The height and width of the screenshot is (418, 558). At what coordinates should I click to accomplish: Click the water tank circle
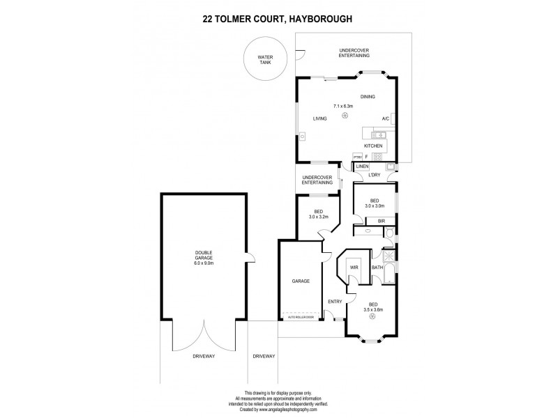click(264, 59)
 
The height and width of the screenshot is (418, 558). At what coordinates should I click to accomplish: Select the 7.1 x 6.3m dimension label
click(343, 107)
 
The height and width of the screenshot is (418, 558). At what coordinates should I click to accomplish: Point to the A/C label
click(386, 118)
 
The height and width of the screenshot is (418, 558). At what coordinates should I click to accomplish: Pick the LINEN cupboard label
click(361, 167)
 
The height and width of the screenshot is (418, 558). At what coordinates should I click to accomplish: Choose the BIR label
click(382, 221)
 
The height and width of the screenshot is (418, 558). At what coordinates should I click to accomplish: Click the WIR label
click(354, 267)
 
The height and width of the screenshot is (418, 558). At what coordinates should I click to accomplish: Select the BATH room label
click(377, 267)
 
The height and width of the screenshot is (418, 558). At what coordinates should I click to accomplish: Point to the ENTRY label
click(335, 301)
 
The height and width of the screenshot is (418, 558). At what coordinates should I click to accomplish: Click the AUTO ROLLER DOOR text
click(301, 318)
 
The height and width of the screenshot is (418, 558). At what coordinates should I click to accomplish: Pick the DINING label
click(368, 97)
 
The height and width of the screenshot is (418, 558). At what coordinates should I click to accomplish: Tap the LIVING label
click(320, 119)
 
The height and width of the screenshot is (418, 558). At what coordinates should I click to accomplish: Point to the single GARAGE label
click(301, 281)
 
